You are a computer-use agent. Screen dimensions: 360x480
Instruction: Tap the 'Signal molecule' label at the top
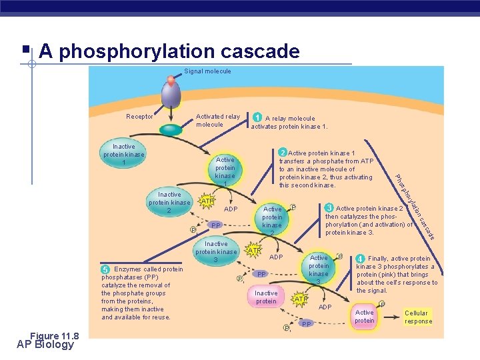tap(207, 71)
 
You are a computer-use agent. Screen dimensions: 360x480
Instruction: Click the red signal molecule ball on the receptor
tap(171, 81)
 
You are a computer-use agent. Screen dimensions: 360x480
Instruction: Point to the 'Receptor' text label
tap(140, 117)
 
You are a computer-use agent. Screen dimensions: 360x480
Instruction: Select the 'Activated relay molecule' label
tap(218, 121)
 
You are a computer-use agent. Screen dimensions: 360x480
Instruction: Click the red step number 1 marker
tap(257, 118)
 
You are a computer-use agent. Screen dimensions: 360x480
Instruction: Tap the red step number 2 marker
tap(283, 153)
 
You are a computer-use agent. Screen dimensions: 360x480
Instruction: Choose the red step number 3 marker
tap(329, 208)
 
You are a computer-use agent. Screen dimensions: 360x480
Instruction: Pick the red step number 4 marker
tap(360, 259)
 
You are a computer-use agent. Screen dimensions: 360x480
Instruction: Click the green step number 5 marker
tap(105, 269)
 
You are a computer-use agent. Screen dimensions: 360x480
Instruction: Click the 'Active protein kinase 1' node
tap(225, 171)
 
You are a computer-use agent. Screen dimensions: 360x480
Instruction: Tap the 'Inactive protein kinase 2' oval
tap(169, 203)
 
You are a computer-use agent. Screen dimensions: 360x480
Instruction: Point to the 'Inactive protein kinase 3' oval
tap(216, 252)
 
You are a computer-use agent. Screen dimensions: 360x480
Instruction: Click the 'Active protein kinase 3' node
tap(319, 269)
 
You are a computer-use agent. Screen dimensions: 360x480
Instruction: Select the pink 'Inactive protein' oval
tap(266, 297)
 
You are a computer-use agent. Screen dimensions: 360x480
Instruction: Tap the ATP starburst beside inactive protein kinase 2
tap(208, 201)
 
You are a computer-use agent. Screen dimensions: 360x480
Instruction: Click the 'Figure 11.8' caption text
tap(54, 336)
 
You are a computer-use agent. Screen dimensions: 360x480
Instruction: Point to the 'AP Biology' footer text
tap(46, 345)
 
